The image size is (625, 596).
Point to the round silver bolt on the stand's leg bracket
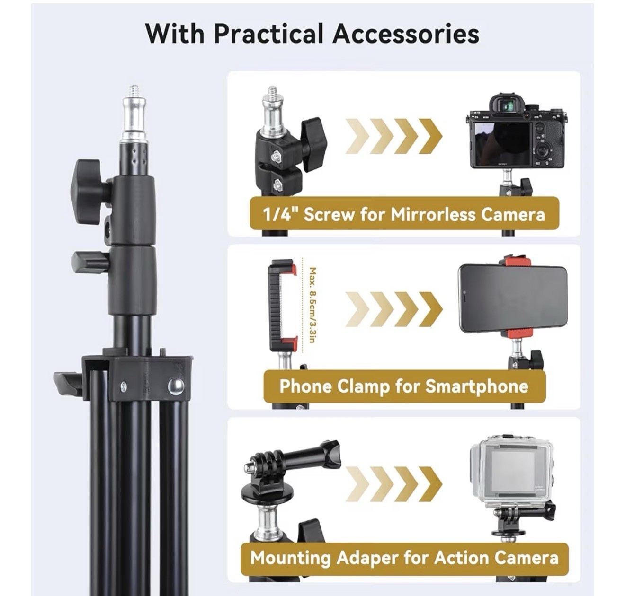click(x=176, y=386)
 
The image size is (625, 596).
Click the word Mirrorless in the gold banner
click(x=434, y=215)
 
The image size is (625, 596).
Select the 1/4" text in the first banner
click(x=281, y=215)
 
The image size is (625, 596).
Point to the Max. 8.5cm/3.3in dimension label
click(x=312, y=305)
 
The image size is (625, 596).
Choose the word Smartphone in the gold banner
click(x=476, y=386)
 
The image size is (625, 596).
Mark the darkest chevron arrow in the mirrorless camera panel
click(x=430, y=136)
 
